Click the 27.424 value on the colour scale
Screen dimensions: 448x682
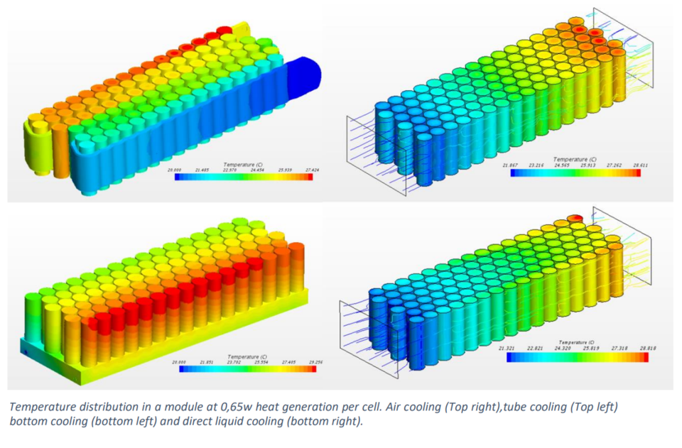(x=303, y=170)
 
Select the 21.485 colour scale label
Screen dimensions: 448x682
(x=204, y=170)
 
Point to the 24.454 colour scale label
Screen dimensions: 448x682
(x=254, y=170)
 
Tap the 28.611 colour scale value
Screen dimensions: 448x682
(x=640, y=165)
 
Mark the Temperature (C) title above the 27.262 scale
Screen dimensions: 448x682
(x=575, y=159)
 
